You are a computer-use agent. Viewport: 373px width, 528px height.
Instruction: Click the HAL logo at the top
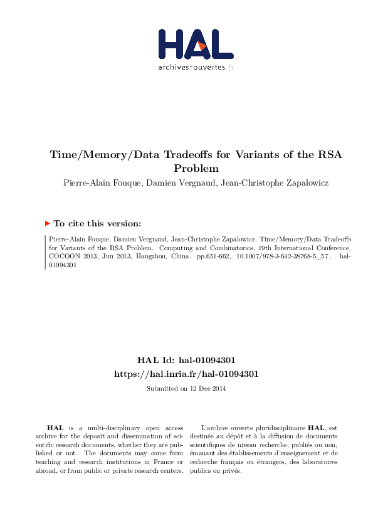point(196,44)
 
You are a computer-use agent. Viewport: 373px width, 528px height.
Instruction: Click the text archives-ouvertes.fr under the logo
point(196,66)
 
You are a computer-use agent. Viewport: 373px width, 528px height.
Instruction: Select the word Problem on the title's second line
point(196,169)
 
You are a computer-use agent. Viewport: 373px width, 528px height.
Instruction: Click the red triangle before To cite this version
point(47,223)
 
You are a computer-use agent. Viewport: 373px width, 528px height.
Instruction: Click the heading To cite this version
point(97,223)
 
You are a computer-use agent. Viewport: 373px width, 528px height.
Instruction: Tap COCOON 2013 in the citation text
point(69,256)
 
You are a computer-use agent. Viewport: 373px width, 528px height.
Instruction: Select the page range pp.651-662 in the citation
point(213,256)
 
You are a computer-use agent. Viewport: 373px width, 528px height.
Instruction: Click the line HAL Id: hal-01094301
point(186,361)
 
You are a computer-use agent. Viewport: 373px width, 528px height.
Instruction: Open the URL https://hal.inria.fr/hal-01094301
point(186,374)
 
